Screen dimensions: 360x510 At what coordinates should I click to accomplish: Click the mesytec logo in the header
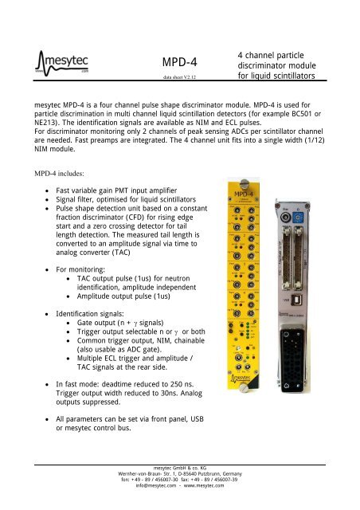tap(65, 61)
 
